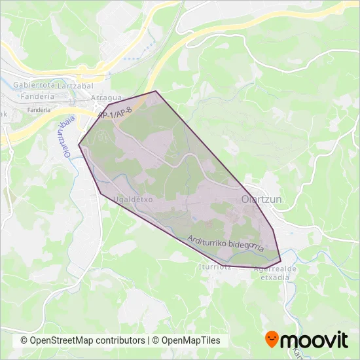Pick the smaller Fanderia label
[39, 110]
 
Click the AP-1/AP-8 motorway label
[115, 113]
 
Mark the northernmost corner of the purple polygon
[156, 91]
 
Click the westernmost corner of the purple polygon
[79, 145]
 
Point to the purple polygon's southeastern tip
[281, 262]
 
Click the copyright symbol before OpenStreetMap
[24, 341]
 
